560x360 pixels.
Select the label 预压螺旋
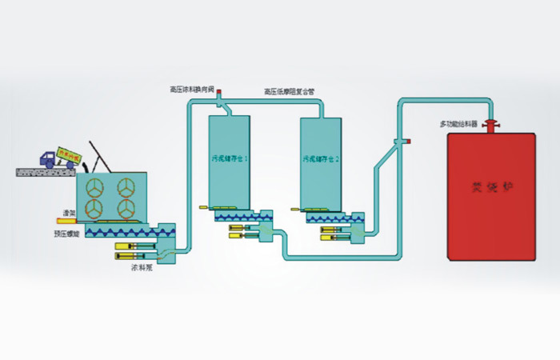(x=65, y=234)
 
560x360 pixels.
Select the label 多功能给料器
(x=458, y=124)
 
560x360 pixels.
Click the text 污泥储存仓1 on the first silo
(x=230, y=158)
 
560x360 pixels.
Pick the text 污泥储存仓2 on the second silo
(x=322, y=158)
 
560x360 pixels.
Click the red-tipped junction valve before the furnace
(x=407, y=142)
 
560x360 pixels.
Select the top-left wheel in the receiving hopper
(x=94, y=187)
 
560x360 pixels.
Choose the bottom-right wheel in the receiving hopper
(x=125, y=208)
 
